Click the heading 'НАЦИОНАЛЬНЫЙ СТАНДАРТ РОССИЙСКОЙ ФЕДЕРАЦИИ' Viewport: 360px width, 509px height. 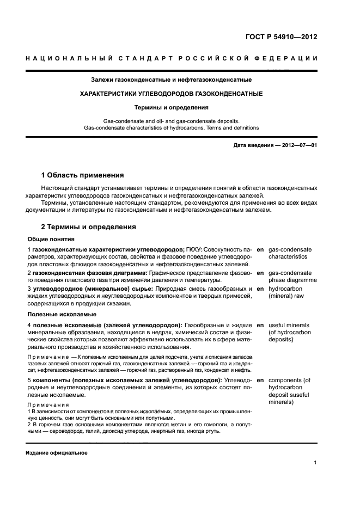tap(171, 58)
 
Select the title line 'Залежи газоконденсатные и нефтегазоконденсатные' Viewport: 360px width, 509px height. tap(171, 80)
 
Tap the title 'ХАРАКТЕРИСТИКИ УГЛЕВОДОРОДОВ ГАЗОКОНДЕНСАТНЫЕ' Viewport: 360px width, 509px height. tap(171, 94)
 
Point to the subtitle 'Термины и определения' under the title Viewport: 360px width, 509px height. tap(171, 108)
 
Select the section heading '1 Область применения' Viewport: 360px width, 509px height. tap(83, 175)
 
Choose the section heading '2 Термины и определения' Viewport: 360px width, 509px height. tap(89, 227)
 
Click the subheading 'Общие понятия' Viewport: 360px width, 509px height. tap(51, 239)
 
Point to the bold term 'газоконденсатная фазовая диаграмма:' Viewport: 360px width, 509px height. tap(90, 272)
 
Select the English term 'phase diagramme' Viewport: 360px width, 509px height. tap(292, 280)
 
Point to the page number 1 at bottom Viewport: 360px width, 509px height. tap(315, 463)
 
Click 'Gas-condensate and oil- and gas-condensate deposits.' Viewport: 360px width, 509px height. tap(171, 121)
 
